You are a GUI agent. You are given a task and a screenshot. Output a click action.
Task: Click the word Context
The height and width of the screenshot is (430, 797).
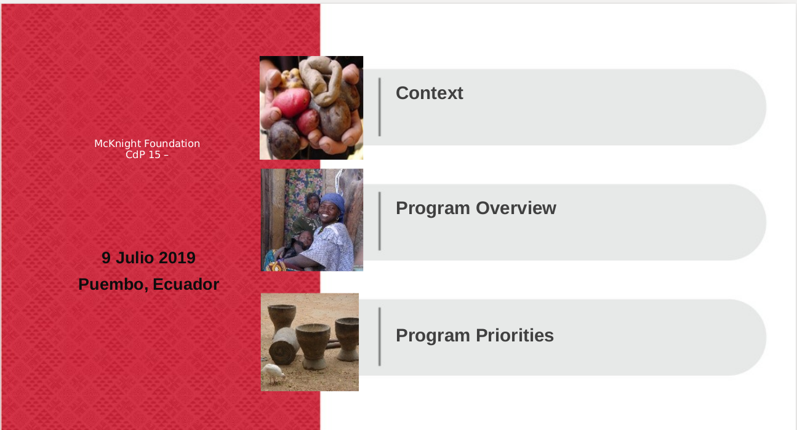coord(430,93)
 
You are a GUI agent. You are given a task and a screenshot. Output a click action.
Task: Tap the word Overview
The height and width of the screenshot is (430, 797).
coord(516,208)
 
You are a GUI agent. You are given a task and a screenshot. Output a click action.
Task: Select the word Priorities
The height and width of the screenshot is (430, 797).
coord(515,335)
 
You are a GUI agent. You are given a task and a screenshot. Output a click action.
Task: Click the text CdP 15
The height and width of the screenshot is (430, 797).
coord(143,155)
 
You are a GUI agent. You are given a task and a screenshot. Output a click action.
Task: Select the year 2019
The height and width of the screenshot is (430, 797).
coord(177,258)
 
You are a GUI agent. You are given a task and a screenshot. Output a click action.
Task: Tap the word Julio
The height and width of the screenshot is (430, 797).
coord(135,258)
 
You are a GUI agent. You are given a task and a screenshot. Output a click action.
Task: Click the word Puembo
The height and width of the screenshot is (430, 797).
coord(113,285)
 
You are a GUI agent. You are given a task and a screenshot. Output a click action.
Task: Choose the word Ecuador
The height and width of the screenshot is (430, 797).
coord(186,284)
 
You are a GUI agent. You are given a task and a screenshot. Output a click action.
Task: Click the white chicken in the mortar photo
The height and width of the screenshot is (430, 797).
coord(273,373)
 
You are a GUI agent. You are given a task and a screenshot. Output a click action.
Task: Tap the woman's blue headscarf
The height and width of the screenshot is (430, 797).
coord(334,204)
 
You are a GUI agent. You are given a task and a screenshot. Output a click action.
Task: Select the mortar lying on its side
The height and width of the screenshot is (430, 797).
coord(284,346)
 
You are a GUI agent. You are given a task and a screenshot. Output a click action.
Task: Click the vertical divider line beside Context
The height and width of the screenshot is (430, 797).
coord(380,106)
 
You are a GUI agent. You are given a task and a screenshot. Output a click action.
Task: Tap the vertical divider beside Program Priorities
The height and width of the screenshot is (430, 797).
coord(380,336)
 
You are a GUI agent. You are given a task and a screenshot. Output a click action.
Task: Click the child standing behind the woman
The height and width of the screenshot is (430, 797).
coord(310,213)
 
